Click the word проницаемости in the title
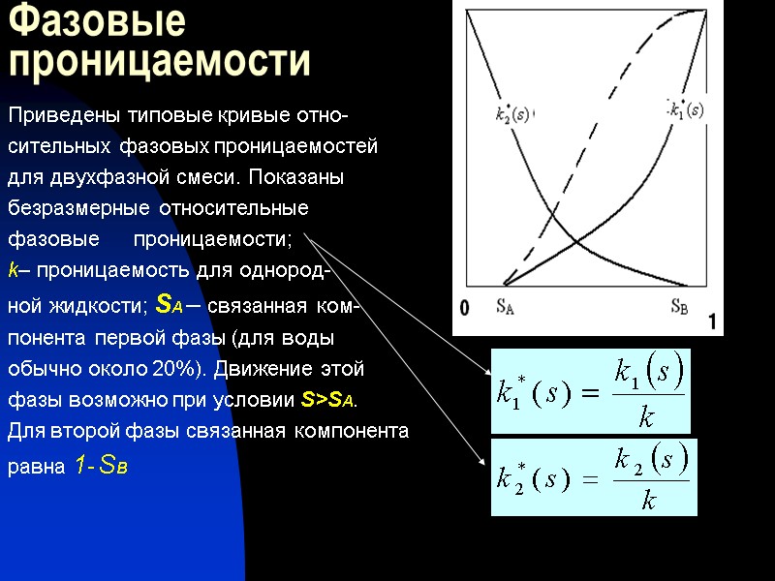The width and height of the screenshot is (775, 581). pos(160,61)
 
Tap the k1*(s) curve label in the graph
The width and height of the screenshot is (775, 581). pos(687,109)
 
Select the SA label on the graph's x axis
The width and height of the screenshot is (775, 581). pos(505,307)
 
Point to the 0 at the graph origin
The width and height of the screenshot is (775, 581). pos(465,309)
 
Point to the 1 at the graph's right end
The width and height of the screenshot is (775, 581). pos(714,322)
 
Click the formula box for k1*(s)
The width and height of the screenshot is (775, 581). pos(590,391)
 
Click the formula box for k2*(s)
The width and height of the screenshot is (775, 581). pos(593,476)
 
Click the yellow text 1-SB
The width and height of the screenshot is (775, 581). pos(101,467)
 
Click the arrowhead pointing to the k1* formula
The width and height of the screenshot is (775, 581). pos(487,372)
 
